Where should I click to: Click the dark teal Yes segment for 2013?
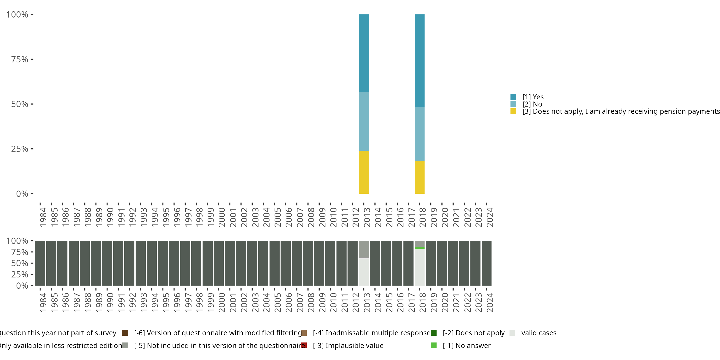pos(364,53)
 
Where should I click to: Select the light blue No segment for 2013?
pos(364,121)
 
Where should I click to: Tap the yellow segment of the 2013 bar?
pos(364,172)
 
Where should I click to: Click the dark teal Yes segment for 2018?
pos(420,61)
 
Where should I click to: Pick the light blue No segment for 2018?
pos(420,134)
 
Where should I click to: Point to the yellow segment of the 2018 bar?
pos(420,177)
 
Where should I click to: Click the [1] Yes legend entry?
pos(533,97)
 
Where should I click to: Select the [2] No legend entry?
pos(532,104)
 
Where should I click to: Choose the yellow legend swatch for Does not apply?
pos(513,112)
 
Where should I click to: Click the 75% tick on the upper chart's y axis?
pos(20,59)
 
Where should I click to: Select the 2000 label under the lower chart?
pos(222,302)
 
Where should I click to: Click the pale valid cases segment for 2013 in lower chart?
pos(364,272)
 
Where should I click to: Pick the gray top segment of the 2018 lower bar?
pos(420,244)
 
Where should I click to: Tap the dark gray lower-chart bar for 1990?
pos(107,263)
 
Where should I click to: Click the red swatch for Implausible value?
pos(304,345)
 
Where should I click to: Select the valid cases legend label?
pos(539,333)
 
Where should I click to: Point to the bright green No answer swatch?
pos(433,345)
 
